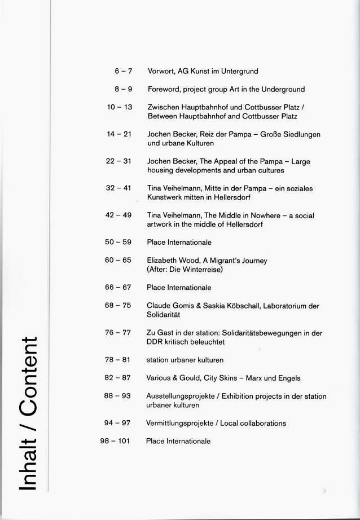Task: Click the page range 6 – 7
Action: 123,72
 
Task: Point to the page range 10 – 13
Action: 119,107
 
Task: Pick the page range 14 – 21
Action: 119,134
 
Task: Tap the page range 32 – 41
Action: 118,188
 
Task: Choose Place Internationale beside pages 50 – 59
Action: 179,243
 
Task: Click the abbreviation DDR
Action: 155,342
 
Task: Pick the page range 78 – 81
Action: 118,360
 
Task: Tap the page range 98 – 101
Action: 115,441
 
